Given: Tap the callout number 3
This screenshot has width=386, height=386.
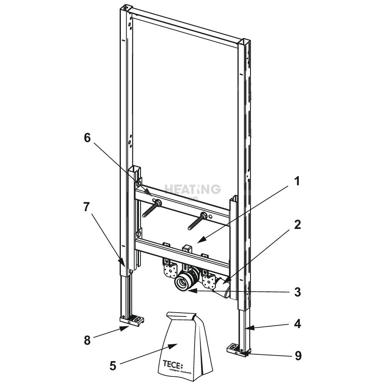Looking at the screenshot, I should click(x=296, y=292).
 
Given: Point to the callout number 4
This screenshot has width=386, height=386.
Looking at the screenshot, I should click(x=296, y=324).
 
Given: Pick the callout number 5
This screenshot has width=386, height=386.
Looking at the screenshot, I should click(x=113, y=365).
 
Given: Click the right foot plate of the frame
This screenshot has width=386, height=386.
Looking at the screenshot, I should click(x=236, y=349).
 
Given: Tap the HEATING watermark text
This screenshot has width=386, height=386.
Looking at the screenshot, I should click(x=193, y=189).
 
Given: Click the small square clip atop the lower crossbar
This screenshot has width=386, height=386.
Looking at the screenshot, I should click(x=188, y=248).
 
